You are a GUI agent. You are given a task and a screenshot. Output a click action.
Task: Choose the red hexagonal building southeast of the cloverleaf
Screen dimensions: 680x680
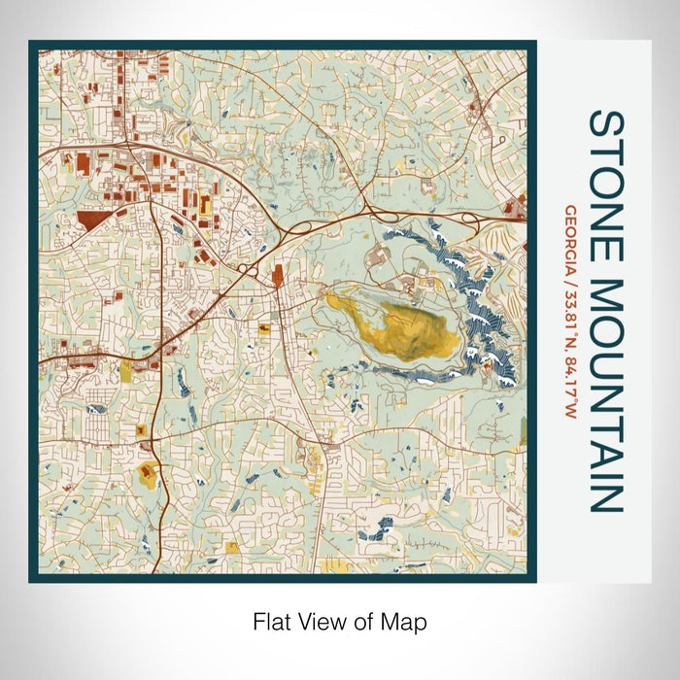pos(278,279)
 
